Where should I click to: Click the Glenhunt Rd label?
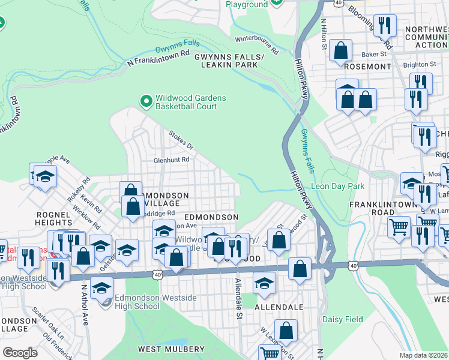[x=171, y=160]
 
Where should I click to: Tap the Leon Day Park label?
[x=337, y=186]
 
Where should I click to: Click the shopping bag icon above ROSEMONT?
[x=341, y=52]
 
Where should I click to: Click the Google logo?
[x=20, y=352]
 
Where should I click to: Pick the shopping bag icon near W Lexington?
[x=287, y=330]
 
